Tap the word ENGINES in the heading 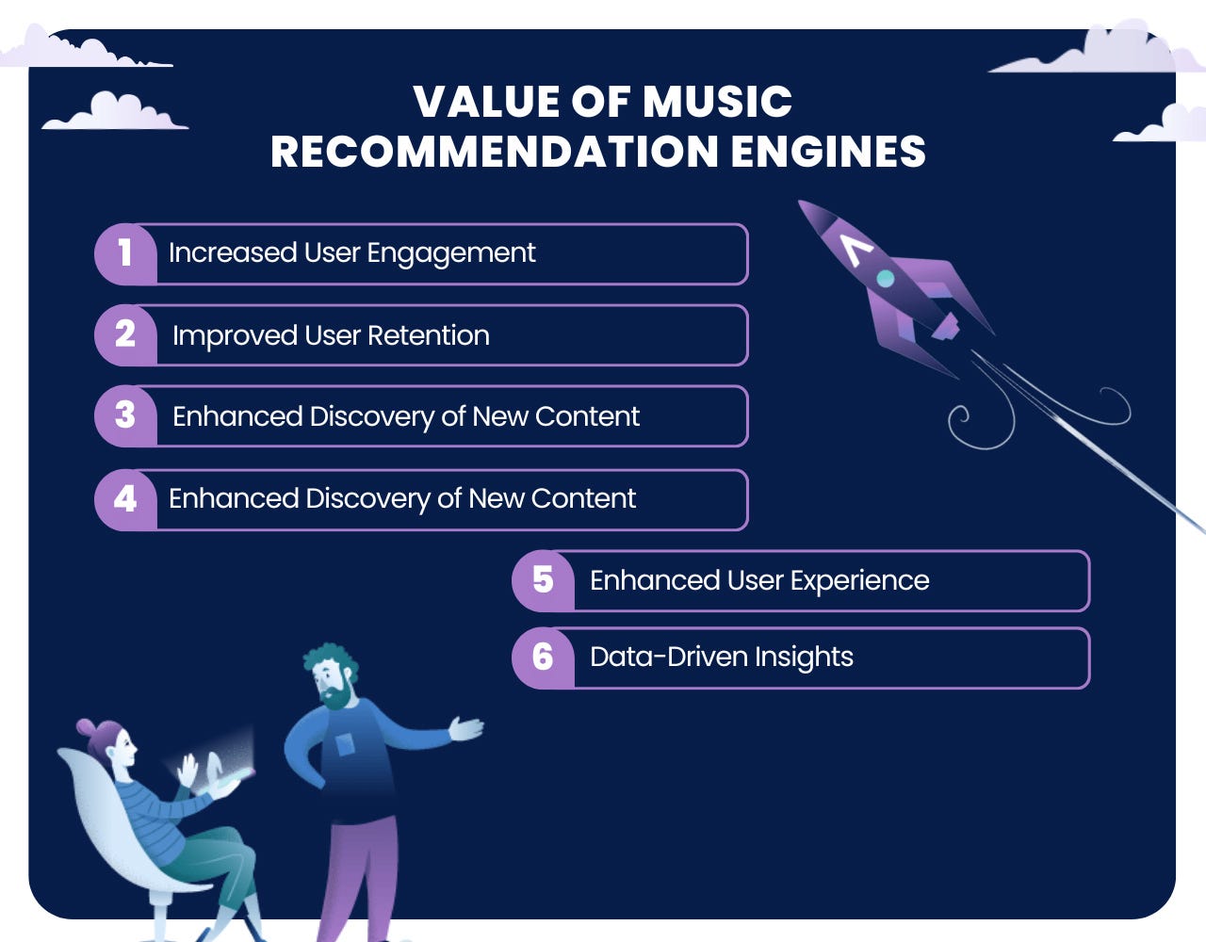[827, 152]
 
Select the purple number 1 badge [125, 254]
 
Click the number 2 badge [125, 335]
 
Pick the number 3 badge [125, 416]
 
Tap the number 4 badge [125, 500]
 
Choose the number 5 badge [543, 581]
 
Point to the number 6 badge [543, 658]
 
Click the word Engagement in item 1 [450, 254]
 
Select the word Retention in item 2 [429, 335]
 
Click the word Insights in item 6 [804, 658]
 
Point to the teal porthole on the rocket [886, 278]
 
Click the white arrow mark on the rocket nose [855, 249]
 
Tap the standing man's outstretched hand [466, 728]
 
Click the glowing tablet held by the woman [230, 776]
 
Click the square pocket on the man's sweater [345, 744]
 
